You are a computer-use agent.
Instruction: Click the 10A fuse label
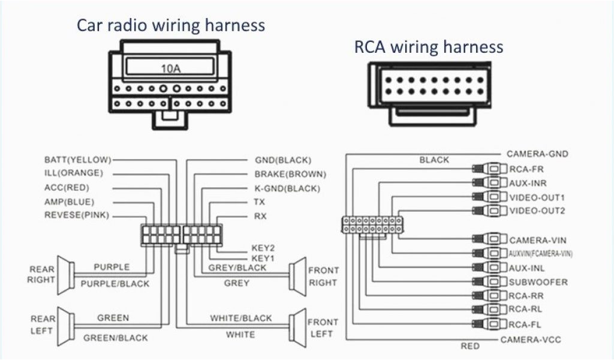tap(170, 68)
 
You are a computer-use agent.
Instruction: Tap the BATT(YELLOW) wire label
tap(77, 160)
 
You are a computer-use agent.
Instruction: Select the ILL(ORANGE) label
tap(73, 173)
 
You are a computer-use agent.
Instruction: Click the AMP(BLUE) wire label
tap(69, 202)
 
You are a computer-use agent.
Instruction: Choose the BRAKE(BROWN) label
tap(290, 175)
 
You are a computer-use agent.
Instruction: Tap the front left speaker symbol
tap(296, 328)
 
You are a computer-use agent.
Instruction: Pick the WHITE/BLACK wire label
tap(240, 318)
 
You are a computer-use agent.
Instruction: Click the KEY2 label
tap(263, 247)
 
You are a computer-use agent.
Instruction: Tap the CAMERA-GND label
tap(537, 154)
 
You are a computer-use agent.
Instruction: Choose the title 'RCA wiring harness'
tap(428, 47)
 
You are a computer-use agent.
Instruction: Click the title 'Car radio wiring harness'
tap(170, 25)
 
